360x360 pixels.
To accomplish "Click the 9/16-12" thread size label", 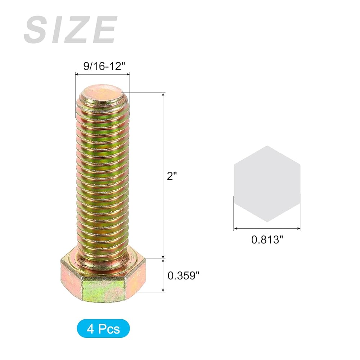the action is pyautogui.click(x=104, y=66).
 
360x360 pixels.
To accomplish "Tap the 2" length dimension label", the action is pyautogui.click(x=172, y=176).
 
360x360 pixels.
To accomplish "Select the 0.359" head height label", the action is pyautogui.click(x=184, y=275).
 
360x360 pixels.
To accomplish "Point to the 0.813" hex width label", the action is pyautogui.click(x=267, y=240).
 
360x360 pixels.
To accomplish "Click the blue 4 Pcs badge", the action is pyautogui.click(x=103, y=328).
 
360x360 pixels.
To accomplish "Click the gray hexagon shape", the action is pyautogui.click(x=267, y=184).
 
